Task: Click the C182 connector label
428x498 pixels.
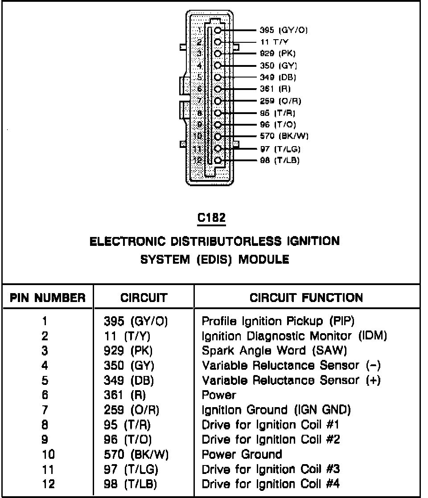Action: pos(212,218)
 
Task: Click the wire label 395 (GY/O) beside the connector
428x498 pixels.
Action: pos(284,30)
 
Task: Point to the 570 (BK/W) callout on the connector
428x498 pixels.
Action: pos(284,136)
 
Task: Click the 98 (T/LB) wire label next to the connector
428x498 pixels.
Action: pos(280,160)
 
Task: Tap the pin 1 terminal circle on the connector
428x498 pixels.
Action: pos(218,30)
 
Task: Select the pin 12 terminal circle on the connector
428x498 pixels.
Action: pos(218,160)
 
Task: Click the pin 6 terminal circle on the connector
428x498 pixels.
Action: pos(218,89)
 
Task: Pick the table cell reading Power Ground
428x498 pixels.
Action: pos(242,454)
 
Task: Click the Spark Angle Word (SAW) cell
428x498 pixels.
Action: pos(274,351)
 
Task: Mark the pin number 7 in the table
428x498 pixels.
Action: pos(45,410)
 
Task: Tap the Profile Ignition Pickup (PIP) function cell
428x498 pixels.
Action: pos(279,321)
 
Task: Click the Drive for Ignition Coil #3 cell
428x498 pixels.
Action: pos(271,469)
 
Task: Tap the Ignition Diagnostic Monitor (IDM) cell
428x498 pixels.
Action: pos(294,336)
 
